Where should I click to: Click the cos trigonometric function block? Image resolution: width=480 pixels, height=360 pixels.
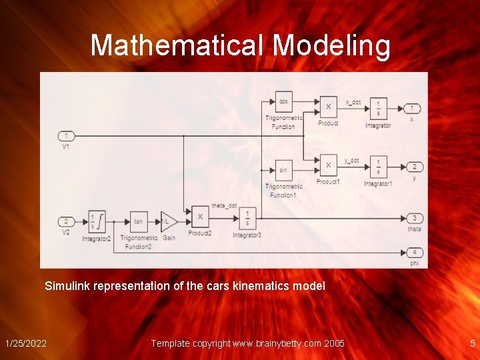pyautogui.click(x=283, y=102)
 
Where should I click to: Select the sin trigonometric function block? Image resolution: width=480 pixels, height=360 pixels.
pyautogui.click(x=283, y=170)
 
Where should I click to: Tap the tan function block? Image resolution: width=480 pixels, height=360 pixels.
pyautogui.click(x=139, y=221)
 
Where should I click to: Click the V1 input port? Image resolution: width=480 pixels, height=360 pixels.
pyautogui.click(x=66, y=136)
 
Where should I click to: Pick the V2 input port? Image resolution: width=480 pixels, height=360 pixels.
pyautogui.click(x=66, y=221)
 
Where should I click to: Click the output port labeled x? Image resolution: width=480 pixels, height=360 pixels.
pyautogui.click(x=413, y=108)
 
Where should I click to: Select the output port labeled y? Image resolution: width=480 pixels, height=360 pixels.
pyautogui.click(x=413, y=167)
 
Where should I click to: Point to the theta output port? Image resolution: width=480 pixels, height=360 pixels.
pyautogui.click(x=414, y=218)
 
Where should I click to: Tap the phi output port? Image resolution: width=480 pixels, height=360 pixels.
pyautogui.click(x=414, y=252)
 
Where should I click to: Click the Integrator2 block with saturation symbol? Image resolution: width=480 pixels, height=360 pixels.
pyautogui.click(x=97, y=221)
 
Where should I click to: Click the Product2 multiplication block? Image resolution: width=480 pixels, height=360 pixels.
pyautogui.click(x=199, y=217)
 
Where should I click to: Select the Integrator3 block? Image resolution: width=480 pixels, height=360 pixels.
pyautogui.click(x=247, y=217)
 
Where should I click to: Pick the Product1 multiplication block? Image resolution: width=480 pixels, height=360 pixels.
pyautogui.click(x=327, y=164)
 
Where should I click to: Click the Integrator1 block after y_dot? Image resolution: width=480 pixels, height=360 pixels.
pyautogui.click(x=377, y=166)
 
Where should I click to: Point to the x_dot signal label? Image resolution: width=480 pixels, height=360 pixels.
pyautogui.click(x=353, y=103)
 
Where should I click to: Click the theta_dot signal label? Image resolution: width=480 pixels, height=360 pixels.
pyautogui.click(x=223, y=205)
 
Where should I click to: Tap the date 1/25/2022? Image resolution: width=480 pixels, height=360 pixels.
pyautogui.click(x=26, y=343)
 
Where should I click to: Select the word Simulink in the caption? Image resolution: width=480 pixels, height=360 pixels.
pyautogui.click(x=67, y=286)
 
